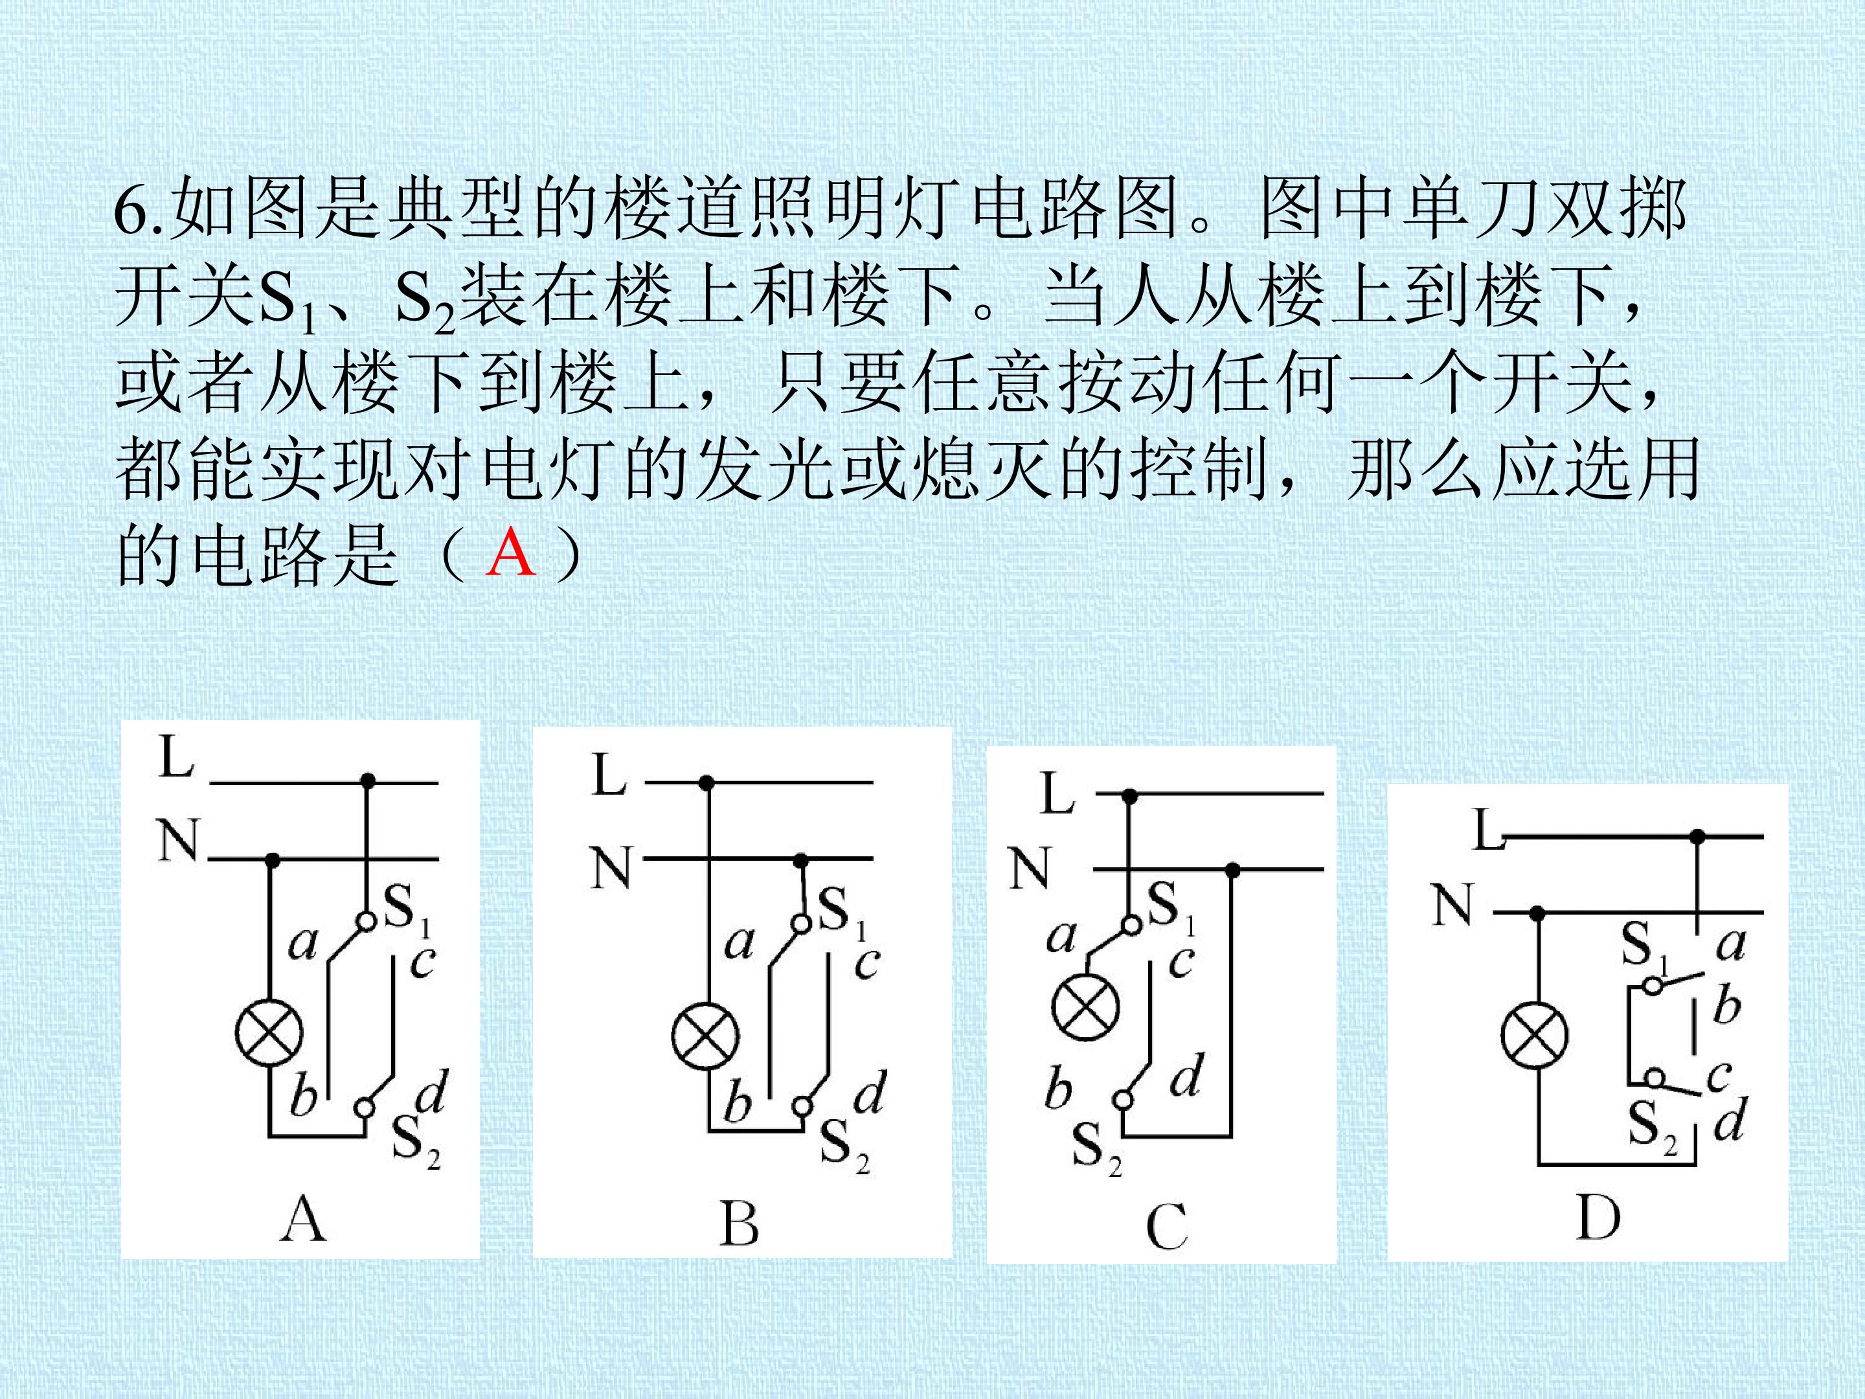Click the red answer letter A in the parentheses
pos(511,553)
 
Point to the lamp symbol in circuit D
pos(1535,1036)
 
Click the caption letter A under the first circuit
pos(302,1220)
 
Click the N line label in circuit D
pos(1452,905)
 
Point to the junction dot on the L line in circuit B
pos(706,784)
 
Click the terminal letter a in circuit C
pos(1061,936)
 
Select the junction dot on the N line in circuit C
pos(1233,869)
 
